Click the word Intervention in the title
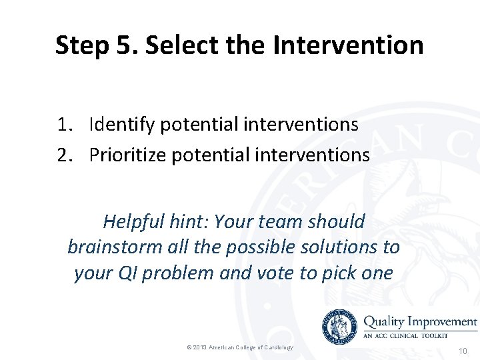point(348,45)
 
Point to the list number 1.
point(64,124)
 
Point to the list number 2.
point(64,155)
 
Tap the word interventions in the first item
point(301,124)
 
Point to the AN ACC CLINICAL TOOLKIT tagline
point(409,336)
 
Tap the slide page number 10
point(463,350)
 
